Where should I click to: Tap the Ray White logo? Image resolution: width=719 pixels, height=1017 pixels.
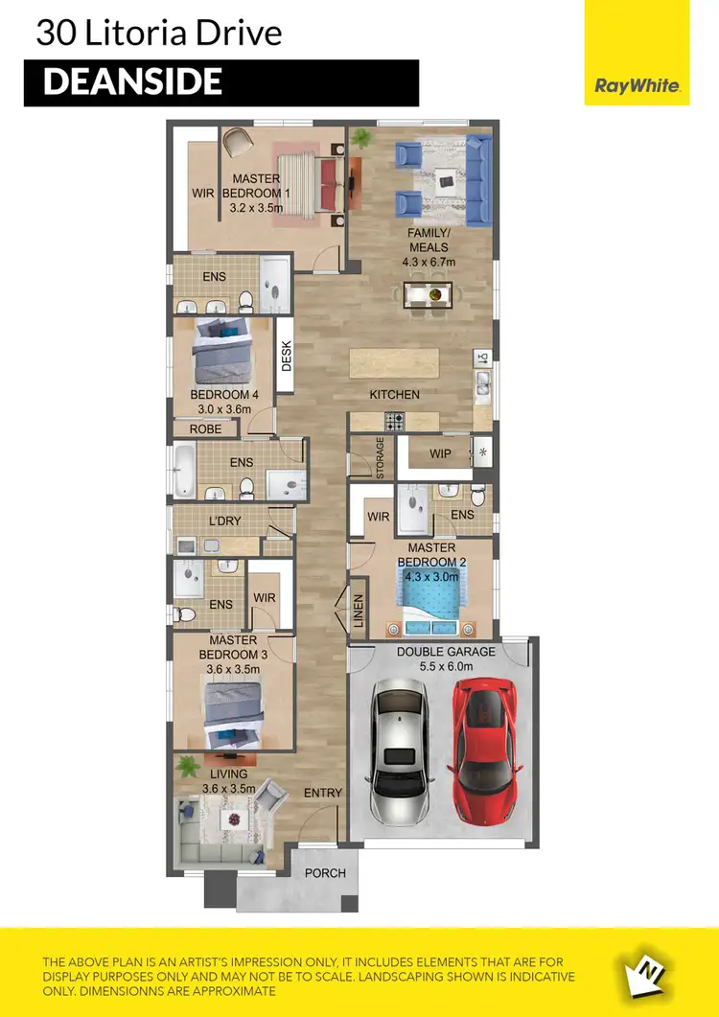(637, 85)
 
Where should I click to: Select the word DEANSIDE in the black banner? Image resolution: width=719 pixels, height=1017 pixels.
(132, 82)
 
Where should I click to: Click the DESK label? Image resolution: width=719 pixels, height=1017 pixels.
(286, 358)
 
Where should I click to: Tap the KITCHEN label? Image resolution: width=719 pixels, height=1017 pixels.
(395, 394)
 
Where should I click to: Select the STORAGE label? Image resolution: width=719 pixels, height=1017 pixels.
(380, 458)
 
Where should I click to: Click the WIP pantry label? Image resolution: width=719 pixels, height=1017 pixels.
(440, 452)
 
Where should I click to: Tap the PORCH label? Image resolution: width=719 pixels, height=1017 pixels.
(324, 873)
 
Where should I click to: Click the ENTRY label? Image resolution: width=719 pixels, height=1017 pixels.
(322, 793)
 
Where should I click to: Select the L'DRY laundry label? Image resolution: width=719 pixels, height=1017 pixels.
(225, 522)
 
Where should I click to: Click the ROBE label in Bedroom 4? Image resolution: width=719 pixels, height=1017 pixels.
(205, 428)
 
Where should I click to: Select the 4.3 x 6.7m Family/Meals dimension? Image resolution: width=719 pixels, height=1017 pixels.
(427, 262)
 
